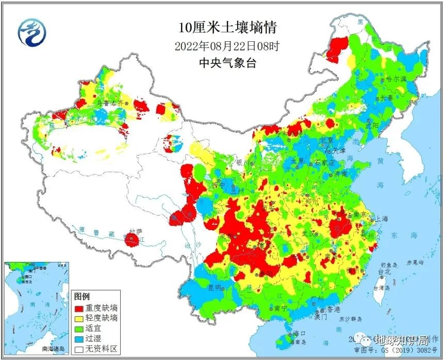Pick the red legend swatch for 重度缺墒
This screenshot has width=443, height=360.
point(80,307)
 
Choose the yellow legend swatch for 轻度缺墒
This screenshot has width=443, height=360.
point(80,318)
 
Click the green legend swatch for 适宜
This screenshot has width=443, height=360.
point(80,328)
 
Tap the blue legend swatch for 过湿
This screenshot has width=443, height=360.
point(80,338)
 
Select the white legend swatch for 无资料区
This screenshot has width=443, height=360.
point(80,349)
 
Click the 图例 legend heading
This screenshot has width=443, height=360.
point(82,297)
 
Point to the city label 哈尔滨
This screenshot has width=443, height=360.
point(397,79)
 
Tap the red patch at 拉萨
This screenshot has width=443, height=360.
point(132,239)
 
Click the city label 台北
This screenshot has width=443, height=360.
point(384,271)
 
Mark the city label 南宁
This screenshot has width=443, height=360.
point(281,308)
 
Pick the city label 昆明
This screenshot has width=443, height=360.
point(214,287)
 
